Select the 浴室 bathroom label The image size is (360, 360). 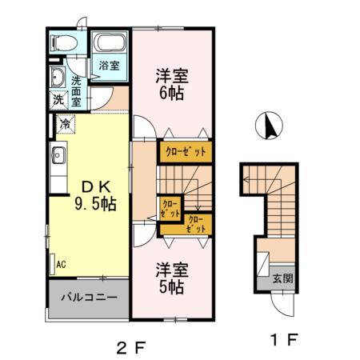tap(107, 65)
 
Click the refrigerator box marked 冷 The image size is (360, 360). tap(65, 123)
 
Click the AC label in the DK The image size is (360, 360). tap(61, 262)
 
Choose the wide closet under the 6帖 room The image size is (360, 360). tap(186, 150)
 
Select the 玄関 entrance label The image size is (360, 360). tap(282, 279)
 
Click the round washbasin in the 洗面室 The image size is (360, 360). tap(58, 78)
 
